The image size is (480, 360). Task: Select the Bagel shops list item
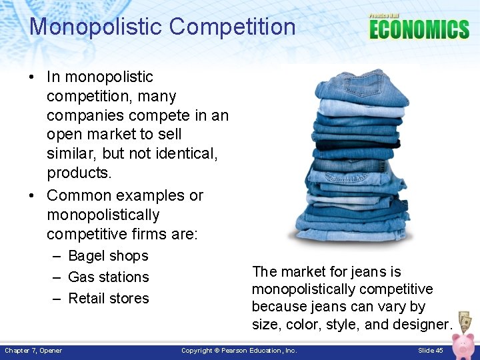point(108,256)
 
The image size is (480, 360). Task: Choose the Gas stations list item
point(108,277)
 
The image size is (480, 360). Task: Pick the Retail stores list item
point(108,299)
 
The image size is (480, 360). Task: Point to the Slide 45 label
point(430,351)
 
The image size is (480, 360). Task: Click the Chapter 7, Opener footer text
point(33,351)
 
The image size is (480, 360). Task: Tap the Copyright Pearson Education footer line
point(239,351)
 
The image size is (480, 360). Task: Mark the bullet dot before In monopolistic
point(32,77)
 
